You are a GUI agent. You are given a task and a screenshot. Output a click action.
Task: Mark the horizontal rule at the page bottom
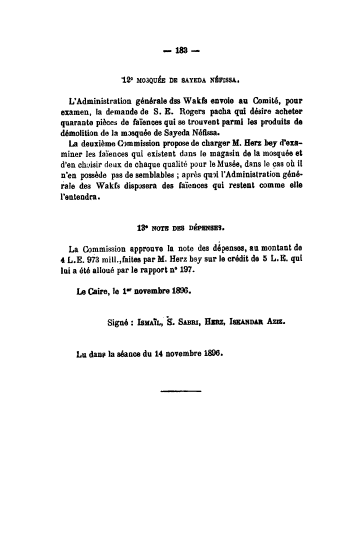(181, 391)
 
